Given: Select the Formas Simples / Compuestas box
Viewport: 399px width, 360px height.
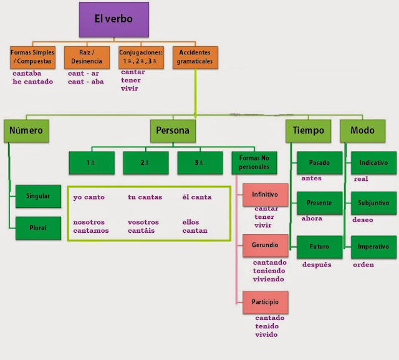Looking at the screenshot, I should pos(33,57).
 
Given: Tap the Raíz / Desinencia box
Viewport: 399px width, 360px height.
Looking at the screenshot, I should pos(87,57).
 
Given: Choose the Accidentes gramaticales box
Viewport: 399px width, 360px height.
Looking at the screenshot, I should pos(196,57).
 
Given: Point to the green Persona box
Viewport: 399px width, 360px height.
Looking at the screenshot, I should pos(173,131).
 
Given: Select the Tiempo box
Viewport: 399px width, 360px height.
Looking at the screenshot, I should pos(309,131).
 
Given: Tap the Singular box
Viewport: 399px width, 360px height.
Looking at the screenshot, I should pos(38,196).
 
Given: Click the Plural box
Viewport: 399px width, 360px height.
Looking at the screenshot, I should pos(38,226).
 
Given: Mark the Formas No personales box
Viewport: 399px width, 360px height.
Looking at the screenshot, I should pos(254,163).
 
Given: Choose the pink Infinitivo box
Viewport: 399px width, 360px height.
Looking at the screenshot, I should pos(266,195).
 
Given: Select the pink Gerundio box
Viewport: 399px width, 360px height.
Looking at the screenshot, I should pos(266,246).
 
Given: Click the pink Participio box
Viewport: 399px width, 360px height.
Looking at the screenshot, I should pos(266,301).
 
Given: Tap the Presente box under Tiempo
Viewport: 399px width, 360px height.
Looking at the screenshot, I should pos(320,203).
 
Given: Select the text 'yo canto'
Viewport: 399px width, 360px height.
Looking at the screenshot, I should pos(89,197).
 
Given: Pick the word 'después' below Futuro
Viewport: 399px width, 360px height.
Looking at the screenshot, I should pos(316,265).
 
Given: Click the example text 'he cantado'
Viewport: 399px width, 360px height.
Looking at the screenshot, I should pos(33,81).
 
